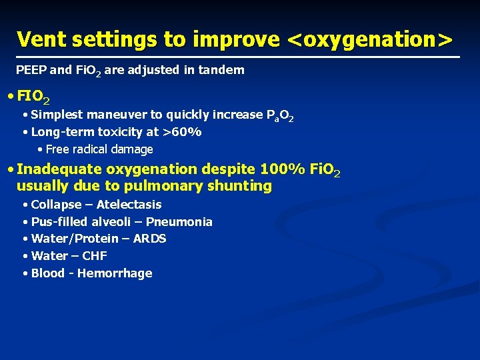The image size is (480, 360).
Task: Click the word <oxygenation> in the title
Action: click(369, 39)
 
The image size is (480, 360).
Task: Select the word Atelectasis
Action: click(129, 205)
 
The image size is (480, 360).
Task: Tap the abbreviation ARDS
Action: click(151, 239)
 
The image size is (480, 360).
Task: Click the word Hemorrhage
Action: click(115, 273)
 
